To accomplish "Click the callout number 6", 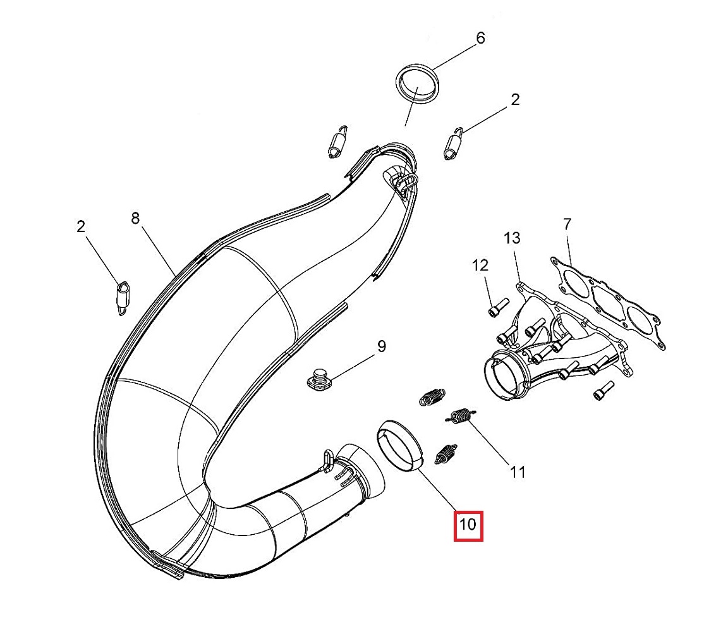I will point(480,39).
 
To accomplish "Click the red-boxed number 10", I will point(468,525).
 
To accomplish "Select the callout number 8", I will point(135,219).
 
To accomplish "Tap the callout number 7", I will point(567,224).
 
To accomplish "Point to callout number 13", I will point(512,238).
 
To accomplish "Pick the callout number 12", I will point(480,266).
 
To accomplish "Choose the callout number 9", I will point(381,346).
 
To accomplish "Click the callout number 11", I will point(518,472).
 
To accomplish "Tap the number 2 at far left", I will point(81,226).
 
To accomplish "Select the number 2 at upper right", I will point(515,99).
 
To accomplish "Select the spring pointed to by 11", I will point(461,417).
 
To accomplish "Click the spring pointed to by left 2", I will point(123,296).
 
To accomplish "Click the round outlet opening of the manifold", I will point(502,376).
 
